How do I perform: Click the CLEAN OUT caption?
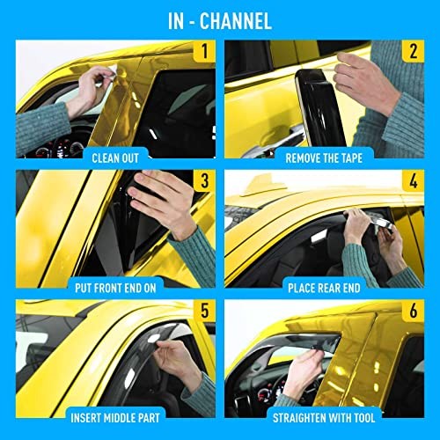[x=115, y=158]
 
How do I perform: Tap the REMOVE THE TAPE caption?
[x=324, y=158]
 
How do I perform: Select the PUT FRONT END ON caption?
[x=115, y=288]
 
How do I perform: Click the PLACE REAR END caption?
[x=324, y=288]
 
